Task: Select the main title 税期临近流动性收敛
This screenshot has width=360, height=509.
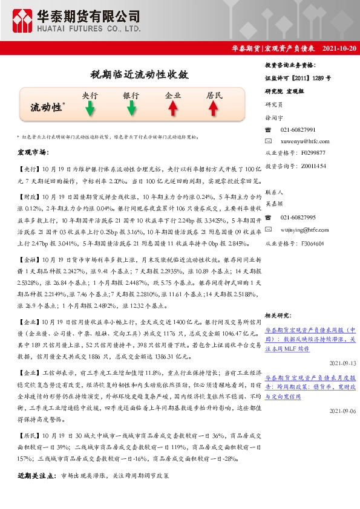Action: click(139, 75)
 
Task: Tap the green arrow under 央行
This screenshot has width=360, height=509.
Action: click(90, 108)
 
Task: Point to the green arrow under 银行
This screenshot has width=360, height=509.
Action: click(131, 108)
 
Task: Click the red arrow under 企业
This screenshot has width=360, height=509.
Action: click(173, 108)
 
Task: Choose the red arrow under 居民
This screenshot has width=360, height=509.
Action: click(214, 108)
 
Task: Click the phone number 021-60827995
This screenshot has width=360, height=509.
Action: click(298, 216)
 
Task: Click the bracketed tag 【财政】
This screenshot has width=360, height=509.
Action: click(29, 197)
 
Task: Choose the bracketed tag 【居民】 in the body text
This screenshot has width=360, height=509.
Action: click(29, 436)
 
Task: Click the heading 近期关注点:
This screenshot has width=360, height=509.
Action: click(38, 476)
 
